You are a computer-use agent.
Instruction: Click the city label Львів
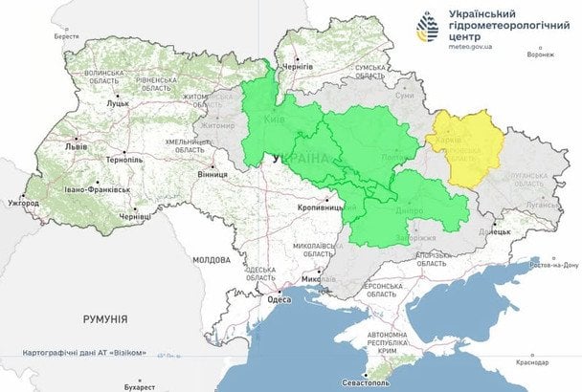coord(74,148)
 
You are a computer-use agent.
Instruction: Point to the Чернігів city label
coord(298,69)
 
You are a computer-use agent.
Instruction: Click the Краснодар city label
coord(536,363)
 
